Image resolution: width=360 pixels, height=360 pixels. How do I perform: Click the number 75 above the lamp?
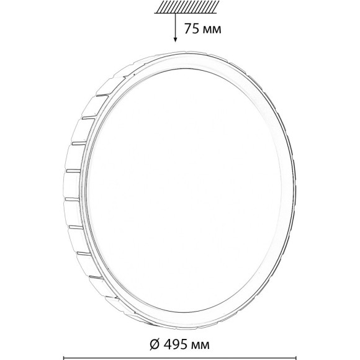192,29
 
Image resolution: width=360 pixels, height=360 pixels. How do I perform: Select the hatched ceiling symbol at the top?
186,7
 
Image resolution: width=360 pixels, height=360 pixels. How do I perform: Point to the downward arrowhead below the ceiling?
175,39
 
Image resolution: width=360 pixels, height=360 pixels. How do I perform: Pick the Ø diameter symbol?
155,344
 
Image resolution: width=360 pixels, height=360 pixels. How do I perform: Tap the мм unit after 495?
200,345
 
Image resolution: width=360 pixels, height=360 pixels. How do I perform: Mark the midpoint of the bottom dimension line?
179,358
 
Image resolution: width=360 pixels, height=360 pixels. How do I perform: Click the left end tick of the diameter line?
63,358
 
